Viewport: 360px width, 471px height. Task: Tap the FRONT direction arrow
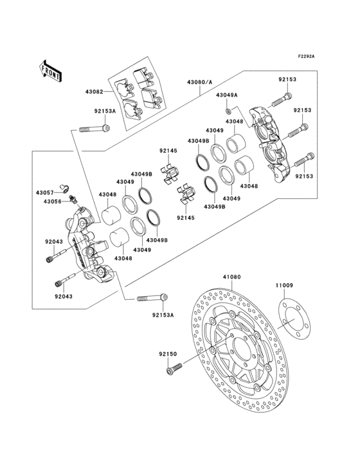tap(51, 71)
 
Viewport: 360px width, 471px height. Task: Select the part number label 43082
tap(94, 93)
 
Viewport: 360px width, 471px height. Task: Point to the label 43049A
tap(226, 95)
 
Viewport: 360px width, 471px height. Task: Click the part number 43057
tap(44, 192)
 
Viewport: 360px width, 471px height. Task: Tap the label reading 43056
tap(44, 201)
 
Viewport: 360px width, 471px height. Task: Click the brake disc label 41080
tap(231, 277)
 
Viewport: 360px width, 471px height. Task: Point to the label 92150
tap(168, 353)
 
